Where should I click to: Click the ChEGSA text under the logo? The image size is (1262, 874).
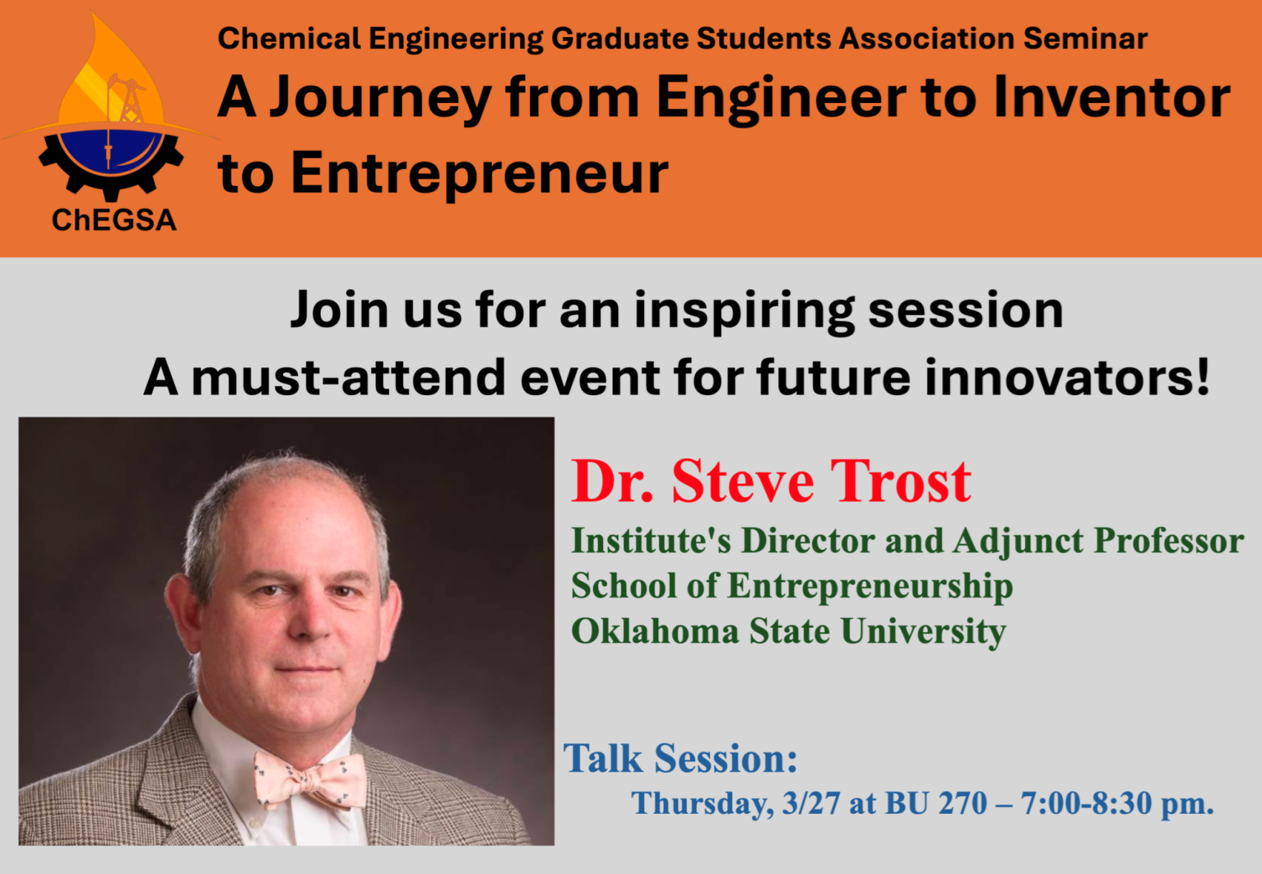tap(114, 220)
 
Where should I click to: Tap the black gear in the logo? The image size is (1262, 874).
tap(111, 172)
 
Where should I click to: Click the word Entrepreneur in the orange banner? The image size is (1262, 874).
tap(479, 174)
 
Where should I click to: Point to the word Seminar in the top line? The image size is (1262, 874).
tap(1085, 39)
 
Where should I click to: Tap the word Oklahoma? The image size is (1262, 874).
tap(655, 631)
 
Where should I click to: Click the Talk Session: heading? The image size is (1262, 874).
tap(680, 759)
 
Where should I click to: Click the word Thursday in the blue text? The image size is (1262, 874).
tap(703, 805)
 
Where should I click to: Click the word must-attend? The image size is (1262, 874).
tap(349, 377)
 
